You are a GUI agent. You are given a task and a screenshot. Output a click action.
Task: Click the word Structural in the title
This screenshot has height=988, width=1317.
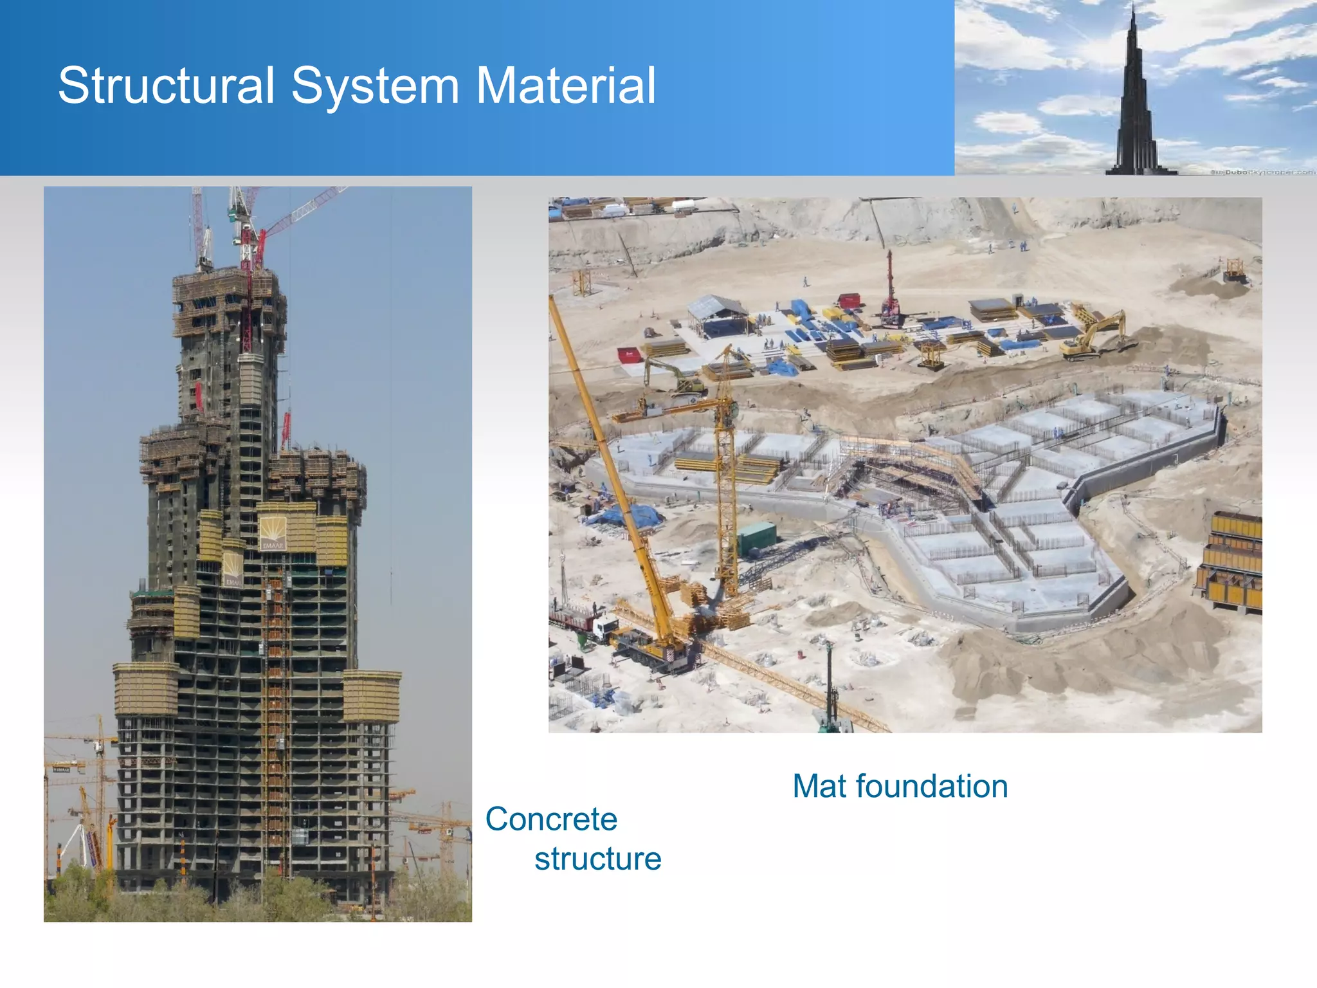click(x=167, y=86)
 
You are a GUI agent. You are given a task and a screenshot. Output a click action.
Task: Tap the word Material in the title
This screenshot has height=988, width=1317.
click(x=566, y=86)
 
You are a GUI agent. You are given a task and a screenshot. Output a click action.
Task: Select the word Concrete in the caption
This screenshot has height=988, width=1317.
click(x=551, y=819)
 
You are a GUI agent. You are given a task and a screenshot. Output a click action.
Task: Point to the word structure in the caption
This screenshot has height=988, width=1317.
click(x=597, y=859)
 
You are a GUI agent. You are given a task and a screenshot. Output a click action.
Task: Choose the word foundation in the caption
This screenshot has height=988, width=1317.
click(x=932, y=786)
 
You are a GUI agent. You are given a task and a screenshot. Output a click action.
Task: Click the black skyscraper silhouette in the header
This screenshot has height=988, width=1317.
click(x=1137, y=103)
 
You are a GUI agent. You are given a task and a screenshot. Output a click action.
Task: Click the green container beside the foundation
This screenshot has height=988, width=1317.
click(x=756, y=538)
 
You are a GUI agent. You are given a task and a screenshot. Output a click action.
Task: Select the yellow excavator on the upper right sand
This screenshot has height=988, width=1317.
click(x=1096, y=334)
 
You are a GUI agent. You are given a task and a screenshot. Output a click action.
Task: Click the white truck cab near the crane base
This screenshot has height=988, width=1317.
click(x=604, y=627)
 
